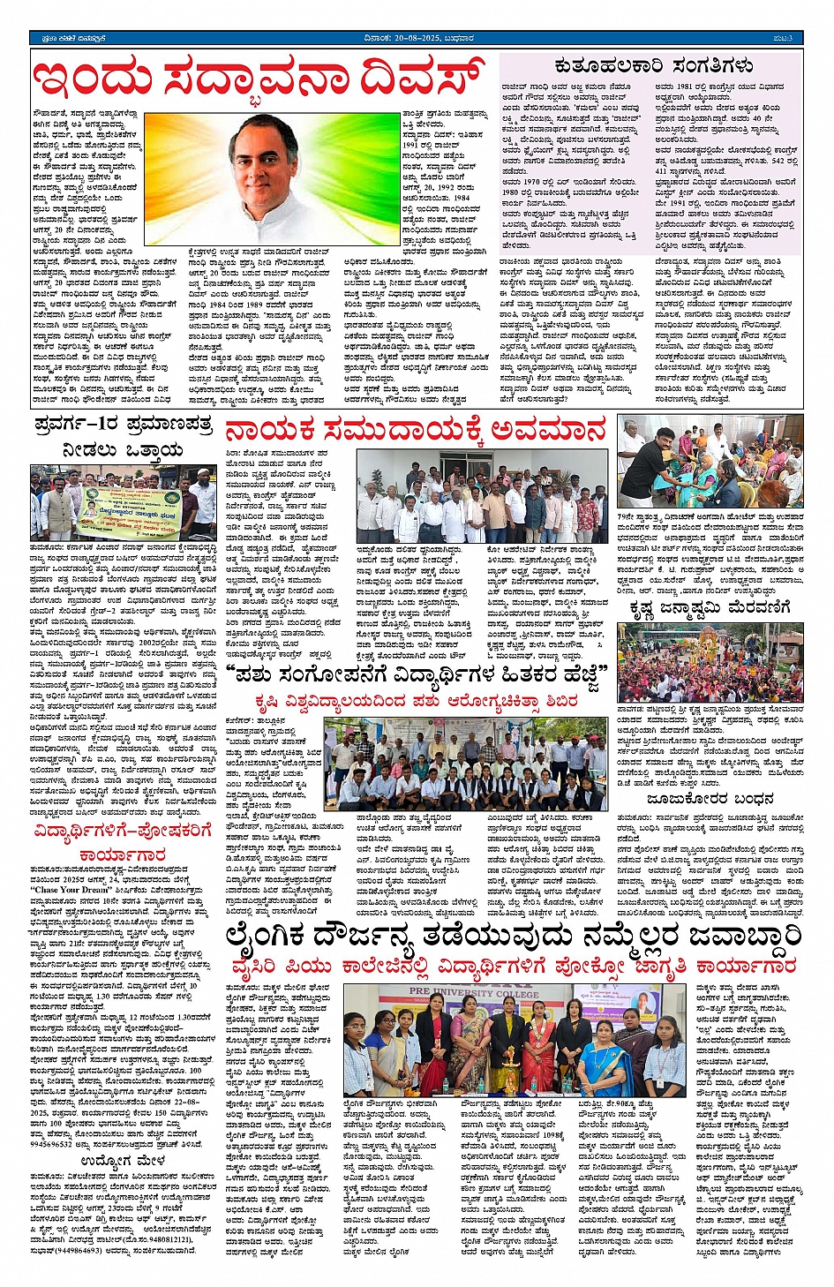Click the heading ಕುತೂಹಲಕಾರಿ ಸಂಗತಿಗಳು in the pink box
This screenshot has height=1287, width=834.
coord(653,65)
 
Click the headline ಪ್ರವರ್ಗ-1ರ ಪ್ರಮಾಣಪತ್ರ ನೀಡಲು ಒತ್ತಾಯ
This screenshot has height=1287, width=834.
coord(123,438)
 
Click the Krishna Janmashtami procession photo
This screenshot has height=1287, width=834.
coord(710,663)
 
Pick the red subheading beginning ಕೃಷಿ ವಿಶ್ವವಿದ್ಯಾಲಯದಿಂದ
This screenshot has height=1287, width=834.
coord(416,701)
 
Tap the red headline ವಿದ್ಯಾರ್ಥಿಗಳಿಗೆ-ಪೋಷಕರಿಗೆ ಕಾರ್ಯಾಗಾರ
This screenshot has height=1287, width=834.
coord(123,842)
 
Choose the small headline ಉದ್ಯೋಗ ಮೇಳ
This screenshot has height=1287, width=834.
coord(123,1160)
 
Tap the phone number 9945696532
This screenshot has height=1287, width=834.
coord(52,1143)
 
